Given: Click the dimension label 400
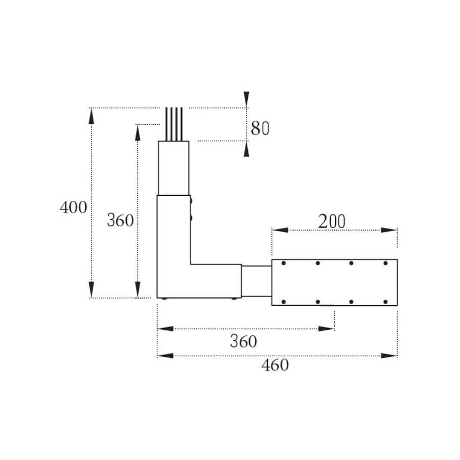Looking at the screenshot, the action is click(x=73, y=208).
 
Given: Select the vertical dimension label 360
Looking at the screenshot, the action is click(x=120, y=220).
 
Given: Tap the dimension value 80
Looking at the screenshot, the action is click(x=260, y=128).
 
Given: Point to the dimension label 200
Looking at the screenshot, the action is click(x=332, y=221).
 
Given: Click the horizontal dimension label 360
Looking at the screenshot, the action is click(x=243, y=341).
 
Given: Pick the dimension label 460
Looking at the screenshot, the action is click(x=275, y=365).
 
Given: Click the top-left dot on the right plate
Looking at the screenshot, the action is click(x=283, y=263).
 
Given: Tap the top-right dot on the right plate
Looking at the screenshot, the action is click(x=385, y=263).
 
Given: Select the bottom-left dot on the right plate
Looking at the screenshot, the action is click(x=283, y=302).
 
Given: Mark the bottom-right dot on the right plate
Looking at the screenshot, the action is click(x=385, y=302).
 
